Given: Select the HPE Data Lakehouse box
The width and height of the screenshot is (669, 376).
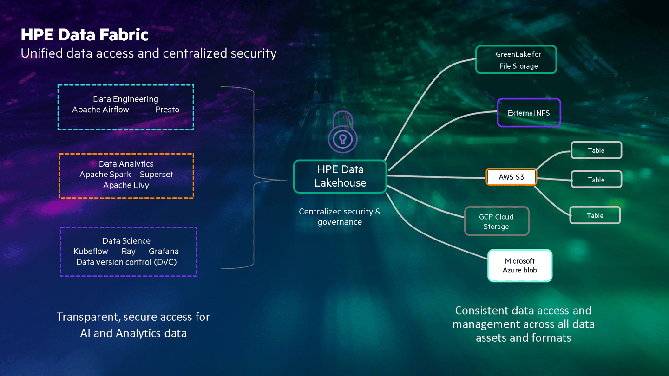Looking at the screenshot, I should coord(340,176).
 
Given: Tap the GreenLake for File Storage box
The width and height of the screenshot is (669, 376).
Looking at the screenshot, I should coord(516,60).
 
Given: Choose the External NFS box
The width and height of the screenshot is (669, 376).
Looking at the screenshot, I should coord(529,113).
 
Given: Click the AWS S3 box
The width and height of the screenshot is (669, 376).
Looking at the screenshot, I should coord(511,177).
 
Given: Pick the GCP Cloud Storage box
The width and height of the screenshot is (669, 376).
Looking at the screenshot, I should coord(497,221).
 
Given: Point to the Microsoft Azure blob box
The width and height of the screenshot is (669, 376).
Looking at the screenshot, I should coord(520,266).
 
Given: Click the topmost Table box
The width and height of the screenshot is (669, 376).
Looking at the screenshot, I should coord(596,150).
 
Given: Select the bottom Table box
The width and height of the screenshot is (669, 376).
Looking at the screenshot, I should coord(595,215).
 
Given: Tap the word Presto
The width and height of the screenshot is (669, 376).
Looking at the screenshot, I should coord(167,110).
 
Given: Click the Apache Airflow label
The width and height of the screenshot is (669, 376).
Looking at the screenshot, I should coord(100,110).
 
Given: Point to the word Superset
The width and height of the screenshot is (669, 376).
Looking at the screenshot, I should coord(157,175).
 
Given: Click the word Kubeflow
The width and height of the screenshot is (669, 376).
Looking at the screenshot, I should coord(91,251).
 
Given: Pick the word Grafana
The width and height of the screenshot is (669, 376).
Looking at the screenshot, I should coord(164,251).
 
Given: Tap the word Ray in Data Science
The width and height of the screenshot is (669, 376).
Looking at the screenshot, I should coord(128,251).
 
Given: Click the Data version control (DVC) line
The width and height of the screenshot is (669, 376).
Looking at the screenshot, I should coord(126,262).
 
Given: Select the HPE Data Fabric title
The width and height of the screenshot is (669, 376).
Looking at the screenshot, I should coord(84,35).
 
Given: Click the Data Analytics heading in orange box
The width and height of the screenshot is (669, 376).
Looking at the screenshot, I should coord(126,164).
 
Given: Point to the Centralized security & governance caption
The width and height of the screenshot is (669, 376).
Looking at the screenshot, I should coord(340,217).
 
